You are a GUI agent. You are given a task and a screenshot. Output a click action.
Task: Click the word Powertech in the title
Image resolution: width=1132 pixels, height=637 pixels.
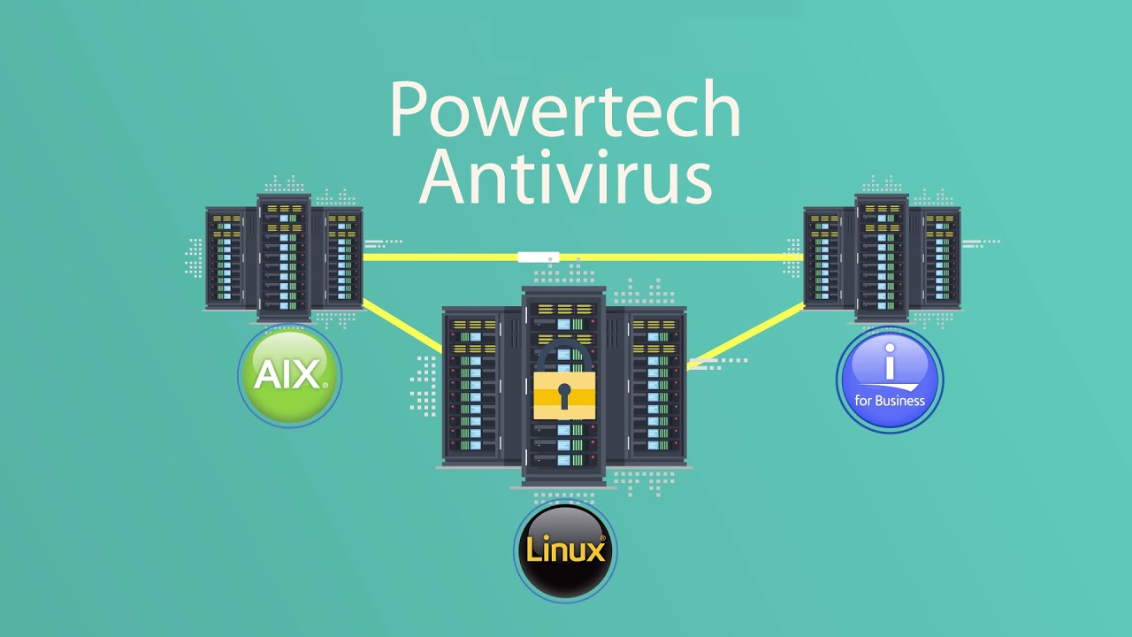click(x=564, y=110)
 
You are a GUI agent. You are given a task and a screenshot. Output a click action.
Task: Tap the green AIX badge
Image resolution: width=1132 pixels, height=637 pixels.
click(x=289, y=376)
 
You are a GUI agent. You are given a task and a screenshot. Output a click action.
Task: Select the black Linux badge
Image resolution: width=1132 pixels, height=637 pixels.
click(x=565, y=551)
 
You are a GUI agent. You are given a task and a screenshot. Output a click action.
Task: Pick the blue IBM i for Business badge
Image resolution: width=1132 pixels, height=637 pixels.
click(x=889, y=380)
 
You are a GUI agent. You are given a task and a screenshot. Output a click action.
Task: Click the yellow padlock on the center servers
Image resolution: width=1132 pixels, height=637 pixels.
click(x=564, y=394)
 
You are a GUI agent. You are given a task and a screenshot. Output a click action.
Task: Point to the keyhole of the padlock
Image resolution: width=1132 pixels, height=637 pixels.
click(x=564, y=395)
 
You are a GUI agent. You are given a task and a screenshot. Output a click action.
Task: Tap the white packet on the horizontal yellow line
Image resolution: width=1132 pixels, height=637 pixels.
click(x=539, y=257)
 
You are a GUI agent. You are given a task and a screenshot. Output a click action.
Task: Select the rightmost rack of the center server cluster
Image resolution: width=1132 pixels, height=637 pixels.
click(x=657, y=387)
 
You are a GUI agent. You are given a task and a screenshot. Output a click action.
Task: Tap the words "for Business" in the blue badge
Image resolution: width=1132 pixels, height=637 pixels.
click(x=890, y=401)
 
